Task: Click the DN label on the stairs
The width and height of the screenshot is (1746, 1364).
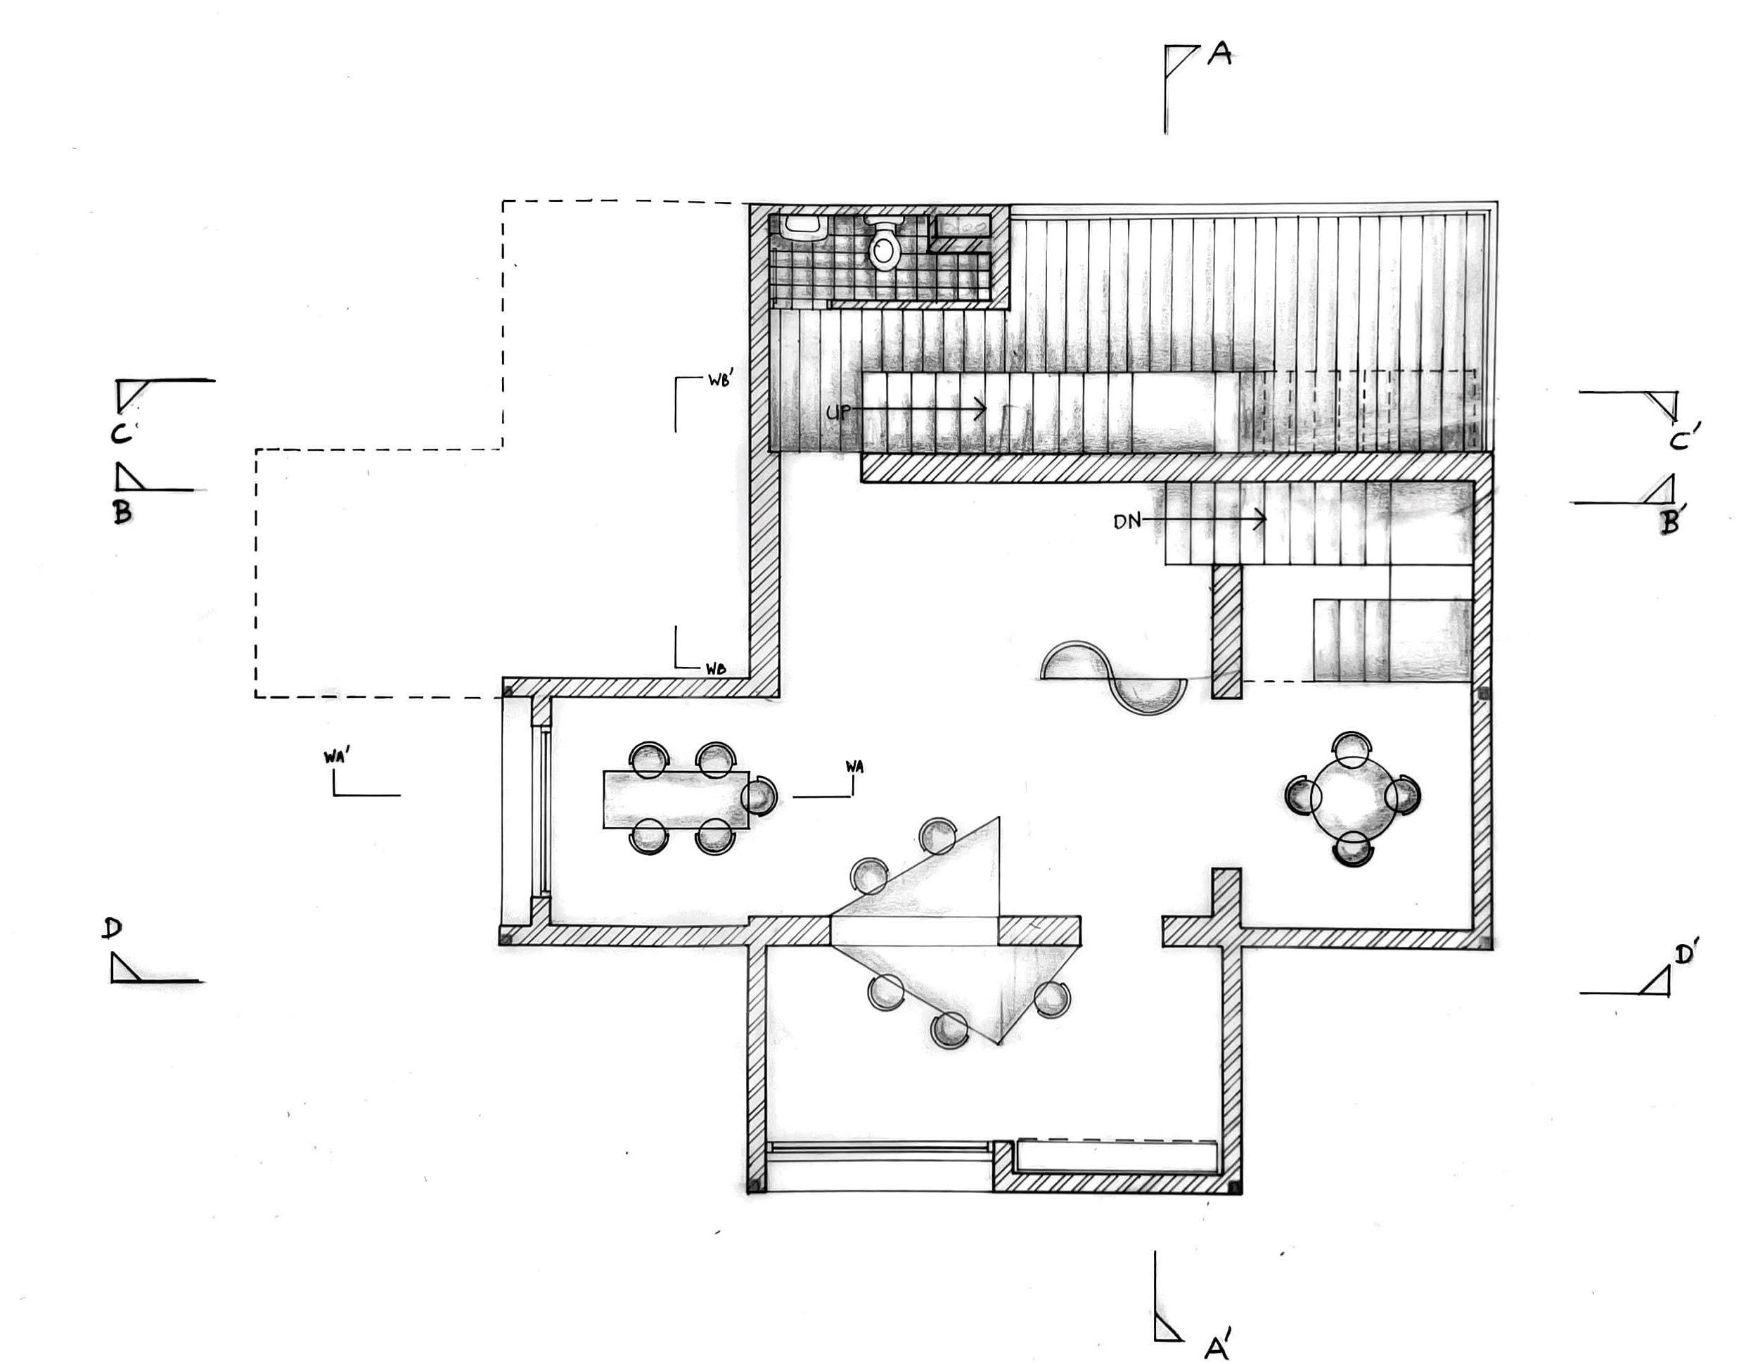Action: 1127,522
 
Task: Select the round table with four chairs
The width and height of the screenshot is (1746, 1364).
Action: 1353,797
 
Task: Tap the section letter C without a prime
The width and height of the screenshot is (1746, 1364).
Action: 121,433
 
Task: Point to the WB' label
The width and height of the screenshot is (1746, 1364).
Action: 720,381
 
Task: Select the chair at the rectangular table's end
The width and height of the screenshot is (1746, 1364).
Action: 759,796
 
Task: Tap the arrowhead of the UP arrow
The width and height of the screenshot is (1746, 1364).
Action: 982,409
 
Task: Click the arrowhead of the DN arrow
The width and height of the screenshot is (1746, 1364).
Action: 1262,520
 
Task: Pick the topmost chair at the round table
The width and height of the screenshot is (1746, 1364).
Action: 1352,748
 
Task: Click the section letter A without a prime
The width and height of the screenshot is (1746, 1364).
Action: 1220,53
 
